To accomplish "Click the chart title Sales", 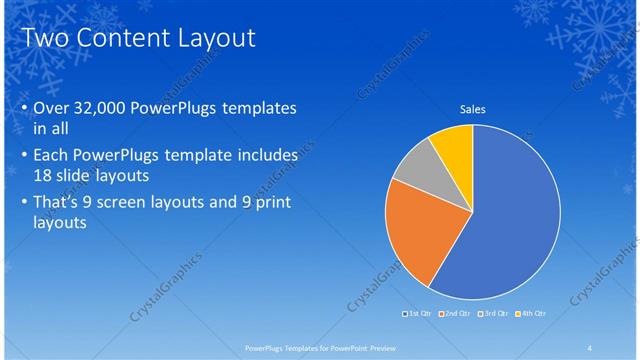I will [x=472, y=109].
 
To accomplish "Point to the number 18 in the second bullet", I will [x=45, y=174].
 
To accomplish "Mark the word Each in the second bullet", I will [x=52, y=155].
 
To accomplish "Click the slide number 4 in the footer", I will [x=590, y=348].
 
